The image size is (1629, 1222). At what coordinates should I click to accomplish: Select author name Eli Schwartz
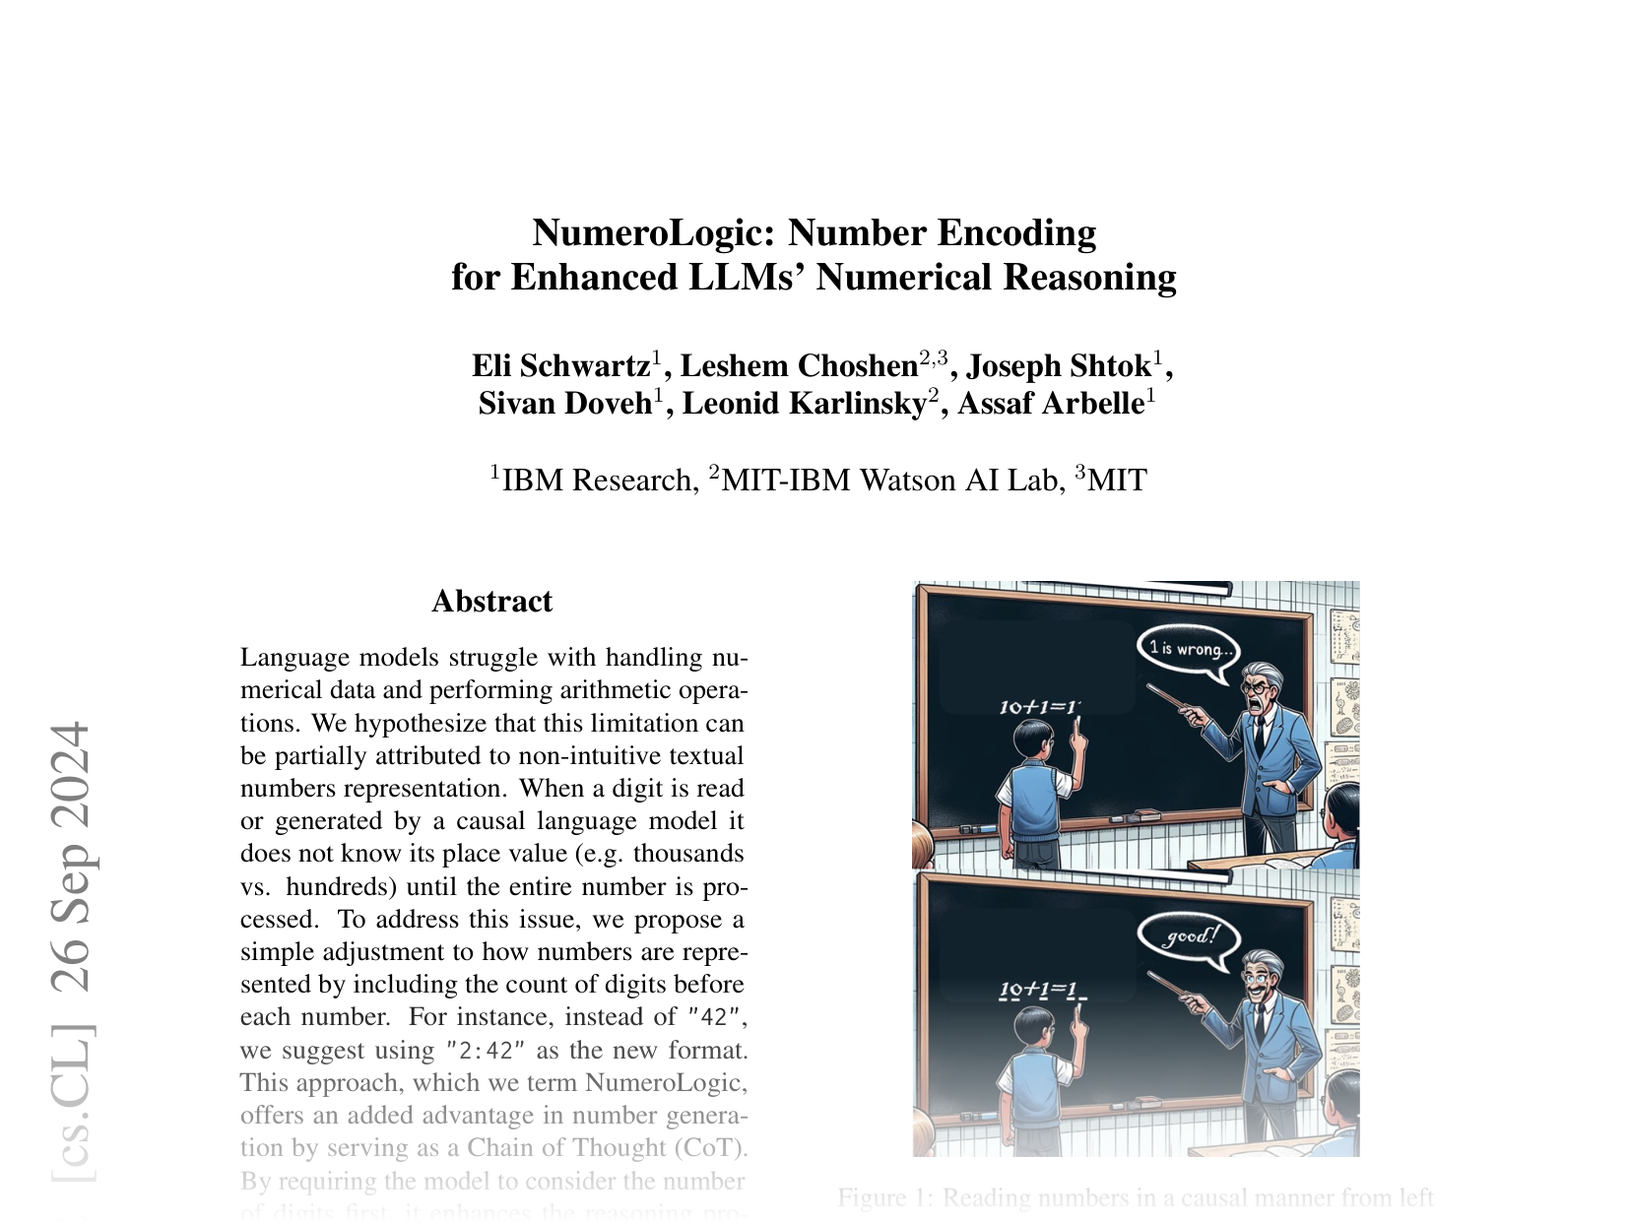tap(560, 366)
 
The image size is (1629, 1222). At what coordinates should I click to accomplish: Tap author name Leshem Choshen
tap(799, 366)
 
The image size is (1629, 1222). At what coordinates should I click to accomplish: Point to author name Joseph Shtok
tap(1059, 366)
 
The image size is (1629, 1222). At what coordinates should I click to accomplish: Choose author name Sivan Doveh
tap(564, 404)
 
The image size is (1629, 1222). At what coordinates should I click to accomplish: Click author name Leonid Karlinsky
tap(804, 404)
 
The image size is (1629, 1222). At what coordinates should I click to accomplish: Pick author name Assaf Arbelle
tap(1050, 404)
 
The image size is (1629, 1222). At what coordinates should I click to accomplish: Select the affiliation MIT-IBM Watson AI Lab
tap(890, 481)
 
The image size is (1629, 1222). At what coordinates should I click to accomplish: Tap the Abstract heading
tap(492, 602)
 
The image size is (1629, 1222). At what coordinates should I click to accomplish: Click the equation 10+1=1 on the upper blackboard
tap(1039, 706)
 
